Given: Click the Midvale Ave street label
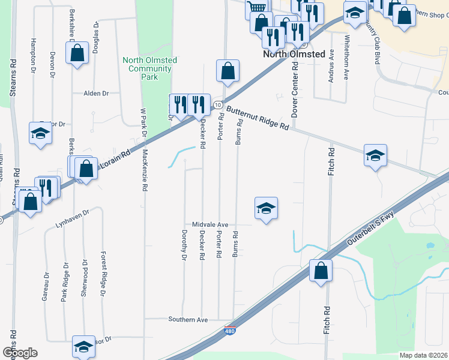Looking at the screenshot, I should click(x=210, y=224).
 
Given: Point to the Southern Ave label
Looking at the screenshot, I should click(x=188, y=320).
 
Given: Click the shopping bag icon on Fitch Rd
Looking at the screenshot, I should click(x=321, y=271).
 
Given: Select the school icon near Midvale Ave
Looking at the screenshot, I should click(x=266, y=208).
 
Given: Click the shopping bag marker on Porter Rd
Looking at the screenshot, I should click(x=228, y=71).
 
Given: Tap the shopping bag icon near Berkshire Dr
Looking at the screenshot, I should click(x=77, y=53).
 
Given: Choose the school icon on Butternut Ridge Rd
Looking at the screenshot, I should click(x=375, y=155).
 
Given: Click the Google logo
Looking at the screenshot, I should click(x=20, y=352).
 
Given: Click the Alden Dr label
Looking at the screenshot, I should click(x=96, y=94).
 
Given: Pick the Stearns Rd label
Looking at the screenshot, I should click(x=13, y=78).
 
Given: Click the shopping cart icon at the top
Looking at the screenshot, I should click(x=257, y=7).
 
